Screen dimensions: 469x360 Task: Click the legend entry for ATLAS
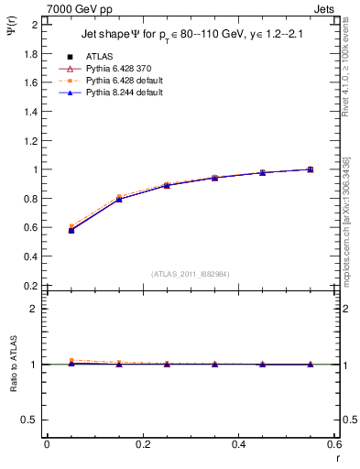[100, 58]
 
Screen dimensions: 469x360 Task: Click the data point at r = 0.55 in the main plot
[310, 169]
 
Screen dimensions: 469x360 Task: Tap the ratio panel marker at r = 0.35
[214, 364]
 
